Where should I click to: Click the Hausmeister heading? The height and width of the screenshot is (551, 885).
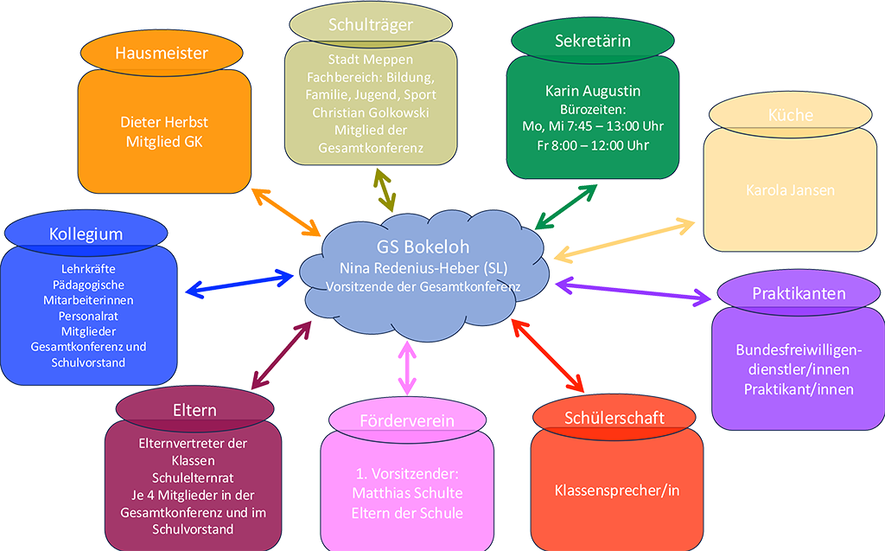[162, 53]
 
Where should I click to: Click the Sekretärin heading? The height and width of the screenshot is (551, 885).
[592, 40]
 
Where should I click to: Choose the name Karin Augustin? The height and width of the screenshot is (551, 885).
[592, 90]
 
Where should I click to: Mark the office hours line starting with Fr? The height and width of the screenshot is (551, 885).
[592, 144]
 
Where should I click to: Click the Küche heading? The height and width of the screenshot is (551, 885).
[791, 115]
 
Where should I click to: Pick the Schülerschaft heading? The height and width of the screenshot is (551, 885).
[614, 418]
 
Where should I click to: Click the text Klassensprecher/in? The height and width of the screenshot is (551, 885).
[617, 490]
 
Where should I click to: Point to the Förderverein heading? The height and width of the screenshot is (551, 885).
[406, 421]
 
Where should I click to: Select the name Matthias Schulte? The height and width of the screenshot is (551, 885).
[407, 493]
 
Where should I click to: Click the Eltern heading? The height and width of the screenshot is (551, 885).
[194, 410]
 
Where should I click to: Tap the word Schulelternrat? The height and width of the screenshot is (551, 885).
[194, 477]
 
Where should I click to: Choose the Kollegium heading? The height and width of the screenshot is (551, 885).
[86, 234]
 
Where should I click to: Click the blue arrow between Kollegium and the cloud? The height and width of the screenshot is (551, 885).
[241, 282]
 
